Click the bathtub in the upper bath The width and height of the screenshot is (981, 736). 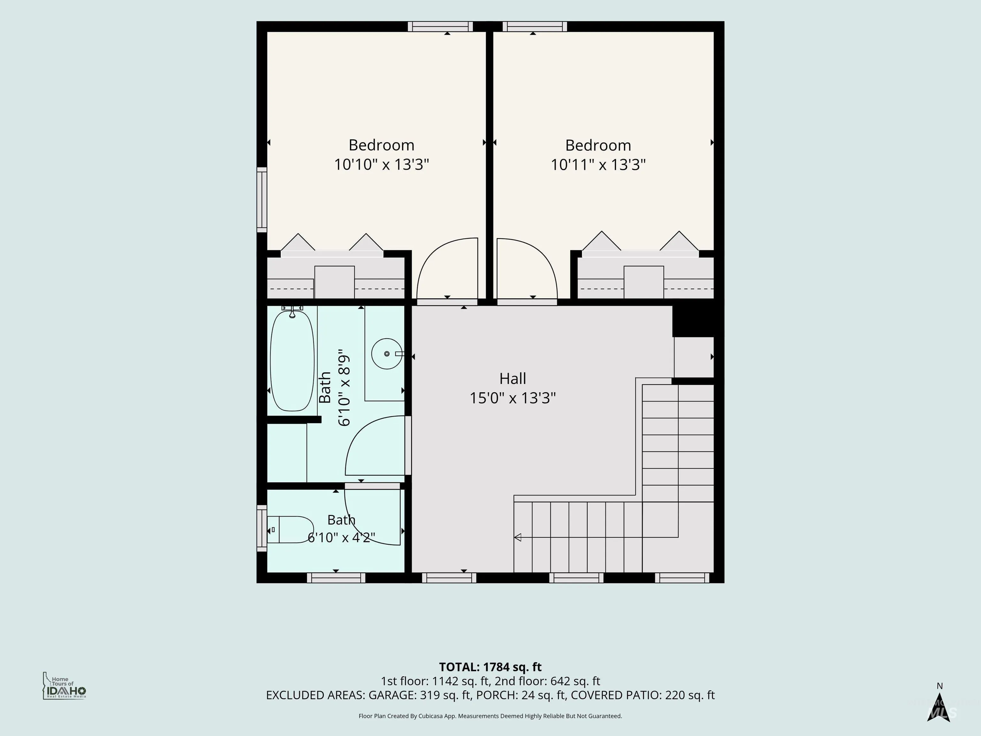292,361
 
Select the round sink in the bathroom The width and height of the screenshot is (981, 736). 387,354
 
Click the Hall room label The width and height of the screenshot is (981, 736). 513,379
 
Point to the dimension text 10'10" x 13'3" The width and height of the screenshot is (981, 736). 381,165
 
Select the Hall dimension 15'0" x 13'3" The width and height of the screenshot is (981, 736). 513,398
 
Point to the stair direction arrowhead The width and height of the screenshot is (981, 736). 517,538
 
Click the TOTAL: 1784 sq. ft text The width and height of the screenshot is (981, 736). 490,667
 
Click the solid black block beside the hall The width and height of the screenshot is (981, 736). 693,321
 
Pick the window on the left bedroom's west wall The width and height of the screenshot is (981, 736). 262,200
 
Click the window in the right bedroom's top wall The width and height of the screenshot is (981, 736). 537,27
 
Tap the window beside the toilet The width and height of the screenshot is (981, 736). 262,528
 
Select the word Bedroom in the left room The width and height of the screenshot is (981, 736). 381,145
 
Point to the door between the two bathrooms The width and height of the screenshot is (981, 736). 373,486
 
